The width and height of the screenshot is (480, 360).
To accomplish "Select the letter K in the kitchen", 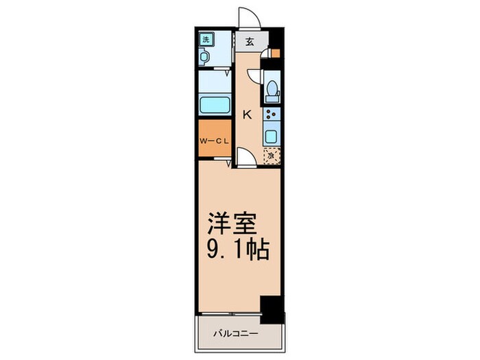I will coord(246,115).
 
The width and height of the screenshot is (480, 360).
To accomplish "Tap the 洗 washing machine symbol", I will coord(205,40).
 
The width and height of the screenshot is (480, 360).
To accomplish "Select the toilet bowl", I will coord(272,89).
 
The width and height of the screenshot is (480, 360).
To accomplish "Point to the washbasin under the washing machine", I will coord(204,57).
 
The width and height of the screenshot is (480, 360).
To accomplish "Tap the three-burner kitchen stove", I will coord(272,115).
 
